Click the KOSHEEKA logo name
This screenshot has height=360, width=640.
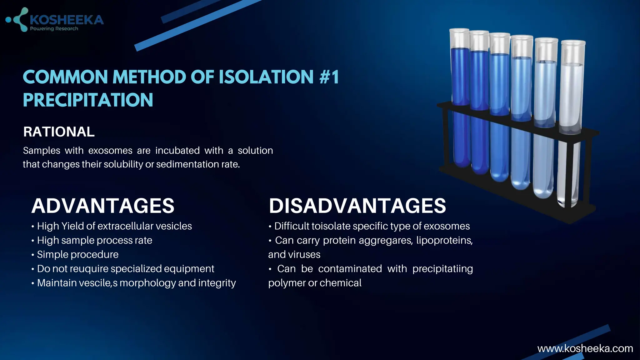(x=66, y=20)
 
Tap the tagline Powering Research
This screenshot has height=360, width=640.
(x=54, y=29)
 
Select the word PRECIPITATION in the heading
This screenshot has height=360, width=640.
(x=88, y=100)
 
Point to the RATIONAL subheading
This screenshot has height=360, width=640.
(x=59, y=132)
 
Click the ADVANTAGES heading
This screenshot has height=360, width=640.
(x=103, y=206)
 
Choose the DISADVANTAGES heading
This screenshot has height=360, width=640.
(x=357, y=206)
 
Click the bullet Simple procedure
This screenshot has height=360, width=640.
(x=77, y=254)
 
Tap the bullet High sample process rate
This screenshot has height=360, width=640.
(x=94, y=240)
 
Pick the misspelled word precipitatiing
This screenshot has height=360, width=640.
(x=442, y=269)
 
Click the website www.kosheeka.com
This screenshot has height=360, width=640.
(x=585, y=348)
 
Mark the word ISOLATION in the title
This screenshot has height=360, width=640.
(x=266, y=77)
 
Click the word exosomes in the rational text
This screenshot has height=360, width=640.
(x=110, y=151)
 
